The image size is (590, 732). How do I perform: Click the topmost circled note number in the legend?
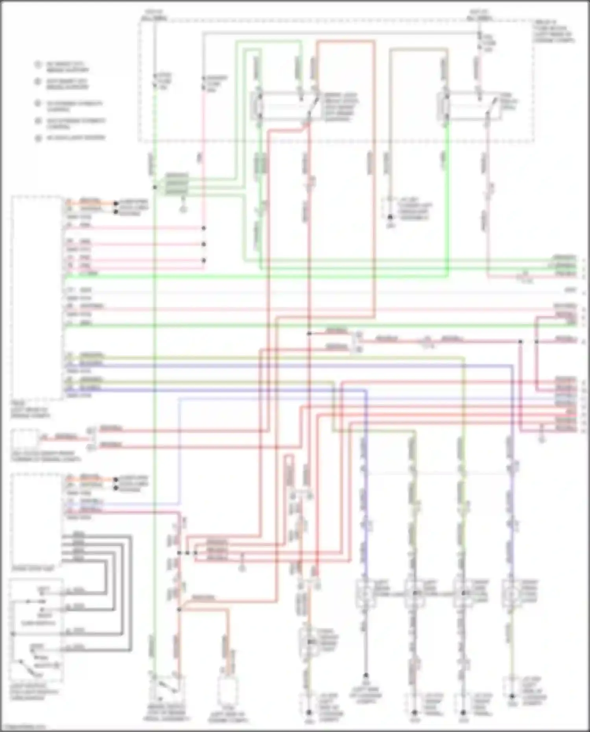pos(38,65)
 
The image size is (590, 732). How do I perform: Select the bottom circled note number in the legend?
pos(38,138)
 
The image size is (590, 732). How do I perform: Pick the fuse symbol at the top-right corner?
pos(479,42)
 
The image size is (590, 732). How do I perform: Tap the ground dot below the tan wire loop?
pos(390,217)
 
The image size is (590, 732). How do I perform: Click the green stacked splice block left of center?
pos(177,184)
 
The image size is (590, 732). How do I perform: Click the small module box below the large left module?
pos(25,440)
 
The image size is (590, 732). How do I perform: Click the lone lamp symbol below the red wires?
pos(310,643)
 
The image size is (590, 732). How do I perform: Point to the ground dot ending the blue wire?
pos(366,675)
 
